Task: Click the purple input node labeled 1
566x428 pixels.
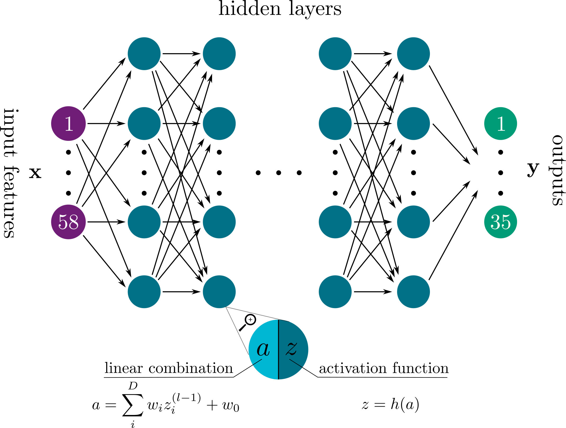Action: [68, 123]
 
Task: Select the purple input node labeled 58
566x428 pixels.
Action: [68, 222]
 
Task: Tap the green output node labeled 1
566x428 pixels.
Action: [500, 123]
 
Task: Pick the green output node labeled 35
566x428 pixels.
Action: [500, 222]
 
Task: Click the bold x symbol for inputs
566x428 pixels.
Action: [35, 173]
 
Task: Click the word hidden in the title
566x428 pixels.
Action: [249, 9]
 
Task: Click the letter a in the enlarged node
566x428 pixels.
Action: [263, 349]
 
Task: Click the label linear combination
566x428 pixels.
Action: [169, 368]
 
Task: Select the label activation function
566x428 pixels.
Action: [384, 368]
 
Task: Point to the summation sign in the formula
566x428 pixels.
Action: [133, 405]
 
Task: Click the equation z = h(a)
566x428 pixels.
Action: [390, 404]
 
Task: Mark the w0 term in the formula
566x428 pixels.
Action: [231, 406]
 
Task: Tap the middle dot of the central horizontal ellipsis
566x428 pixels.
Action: [278, 173]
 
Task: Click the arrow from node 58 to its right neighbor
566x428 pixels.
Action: [106, 222]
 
